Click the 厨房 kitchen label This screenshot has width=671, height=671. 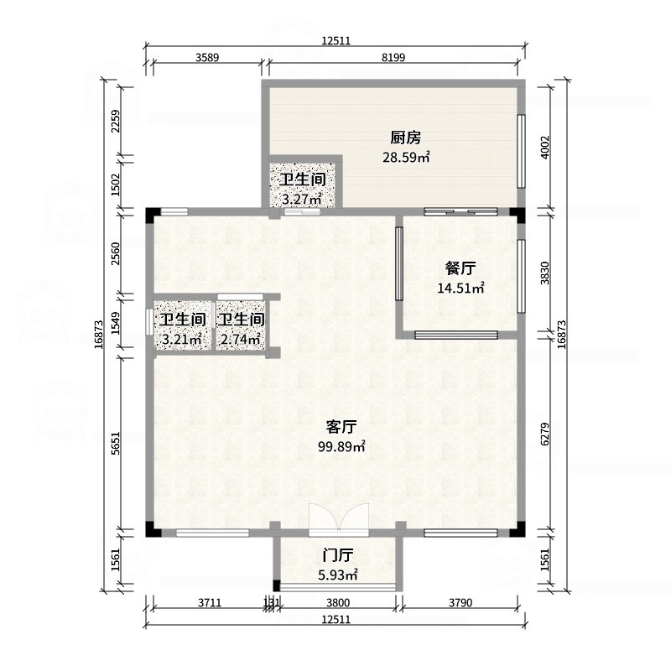[x=405, y=138]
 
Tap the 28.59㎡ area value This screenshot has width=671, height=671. [x=406, y=158]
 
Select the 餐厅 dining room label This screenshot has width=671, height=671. [x=460, y=268]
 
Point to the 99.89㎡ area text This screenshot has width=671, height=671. [x=341, y=447]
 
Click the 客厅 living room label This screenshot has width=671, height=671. [x=341, y=427]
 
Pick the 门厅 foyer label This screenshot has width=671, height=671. [x=338, y=555]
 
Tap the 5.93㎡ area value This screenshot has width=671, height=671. [x=338, y=575]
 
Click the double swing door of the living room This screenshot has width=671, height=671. [x=339, y=518]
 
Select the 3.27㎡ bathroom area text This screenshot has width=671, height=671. [x=302, y=199]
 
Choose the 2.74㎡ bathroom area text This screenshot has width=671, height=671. [x=241, y=340]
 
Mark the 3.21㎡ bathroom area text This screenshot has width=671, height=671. [x=182, y=340]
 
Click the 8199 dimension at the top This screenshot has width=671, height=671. [x=393, y=57]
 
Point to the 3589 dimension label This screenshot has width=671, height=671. [x=207, y=57]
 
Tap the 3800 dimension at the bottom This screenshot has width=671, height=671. [x=338, y=603]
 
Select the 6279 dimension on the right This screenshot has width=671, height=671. [x=544, y=434]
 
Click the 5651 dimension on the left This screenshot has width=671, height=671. [x=116, y=443]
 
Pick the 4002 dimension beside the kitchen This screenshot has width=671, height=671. [x=544, y=148]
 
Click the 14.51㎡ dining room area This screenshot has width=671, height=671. [x=460, y=289]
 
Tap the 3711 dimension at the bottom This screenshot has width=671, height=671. [x=210, y=603]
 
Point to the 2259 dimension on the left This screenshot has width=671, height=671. [x=116, y=122]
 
